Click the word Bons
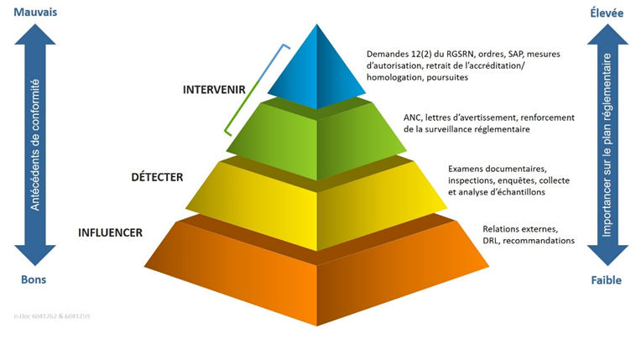click(34, 279)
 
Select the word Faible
click(606, 279)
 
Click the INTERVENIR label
click(212, 88)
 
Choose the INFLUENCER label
click(110, 232)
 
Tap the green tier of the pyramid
click(317, 138)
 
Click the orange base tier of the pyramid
click(317, 277)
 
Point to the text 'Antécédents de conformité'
click(34, 144)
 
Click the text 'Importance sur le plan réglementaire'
click(607, 144)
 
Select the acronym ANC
click(414, 117)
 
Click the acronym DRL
click(492, 240)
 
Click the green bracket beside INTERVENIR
click(252, 88)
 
